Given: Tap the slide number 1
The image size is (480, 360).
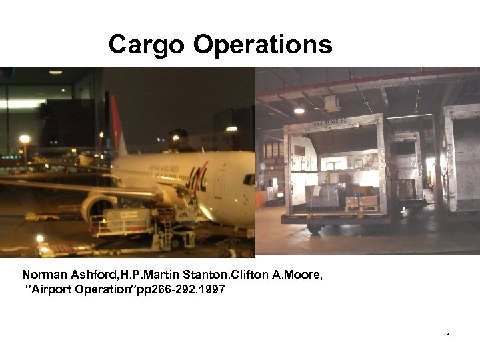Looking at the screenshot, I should tap(449, 336).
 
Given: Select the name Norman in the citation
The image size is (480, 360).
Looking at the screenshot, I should tap(45, 275).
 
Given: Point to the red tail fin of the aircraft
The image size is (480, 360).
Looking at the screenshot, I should tap(118, 127).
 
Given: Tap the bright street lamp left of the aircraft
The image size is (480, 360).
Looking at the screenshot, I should tap(25, 139).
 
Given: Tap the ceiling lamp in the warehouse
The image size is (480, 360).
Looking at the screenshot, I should tap(299, 110).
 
